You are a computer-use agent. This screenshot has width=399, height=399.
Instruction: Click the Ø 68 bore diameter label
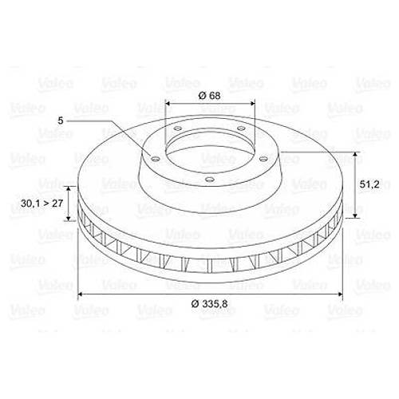(209, 97)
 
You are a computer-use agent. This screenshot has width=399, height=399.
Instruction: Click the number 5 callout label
(61, 120)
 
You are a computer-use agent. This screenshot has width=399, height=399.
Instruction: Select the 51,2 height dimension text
(369, 184)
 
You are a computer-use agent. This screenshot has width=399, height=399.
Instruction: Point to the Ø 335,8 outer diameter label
(209, 303)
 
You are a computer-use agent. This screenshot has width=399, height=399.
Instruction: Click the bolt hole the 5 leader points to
(155, 159)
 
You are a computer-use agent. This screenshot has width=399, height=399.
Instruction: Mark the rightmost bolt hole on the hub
(263, 158)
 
